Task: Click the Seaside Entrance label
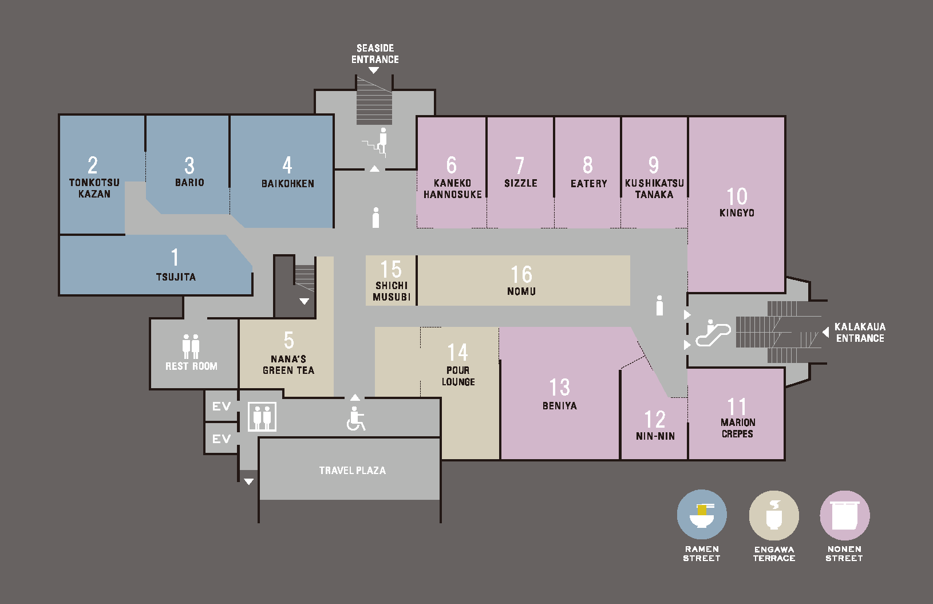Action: pos(375,54)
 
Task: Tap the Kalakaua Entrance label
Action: pos(860,333)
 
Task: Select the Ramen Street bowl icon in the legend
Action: pos(702,515)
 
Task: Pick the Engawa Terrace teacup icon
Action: pos(774,515)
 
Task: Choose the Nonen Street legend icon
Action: pos(845,515)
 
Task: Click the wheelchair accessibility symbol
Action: pos(355,419)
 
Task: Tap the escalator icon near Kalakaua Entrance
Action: pos(713,333)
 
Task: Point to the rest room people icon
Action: pos(191,346)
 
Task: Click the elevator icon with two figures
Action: pos(262,417)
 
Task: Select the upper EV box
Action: pos(221,406)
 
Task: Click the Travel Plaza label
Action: pos(353,470)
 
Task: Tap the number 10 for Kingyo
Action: pos(737,196)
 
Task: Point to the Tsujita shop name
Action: pos(176,277)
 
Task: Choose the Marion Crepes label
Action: pos(737,428)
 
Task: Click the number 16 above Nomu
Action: pos(521,274)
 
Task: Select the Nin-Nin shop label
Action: pos(655,436)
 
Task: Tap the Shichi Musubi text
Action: pos(392,291)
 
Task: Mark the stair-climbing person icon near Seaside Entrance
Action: pos(377,143)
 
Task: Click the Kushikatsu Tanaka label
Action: pos(654,189)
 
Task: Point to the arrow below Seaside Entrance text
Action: pos(374,71)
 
